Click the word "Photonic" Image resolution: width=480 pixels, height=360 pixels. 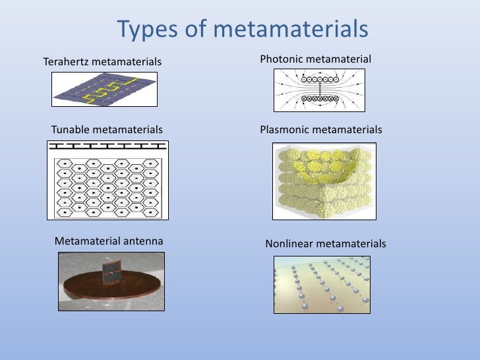click(282, 60)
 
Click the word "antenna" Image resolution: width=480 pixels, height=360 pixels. click(142, 241)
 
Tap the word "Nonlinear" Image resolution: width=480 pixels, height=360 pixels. click(289, 244)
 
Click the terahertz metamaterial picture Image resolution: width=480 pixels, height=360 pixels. click(104, 89)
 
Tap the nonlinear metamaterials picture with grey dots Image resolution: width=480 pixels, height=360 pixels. click(322, 284)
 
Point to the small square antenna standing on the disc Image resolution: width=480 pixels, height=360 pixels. click(111, 272)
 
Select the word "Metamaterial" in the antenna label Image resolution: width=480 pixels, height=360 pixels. click(88, 241)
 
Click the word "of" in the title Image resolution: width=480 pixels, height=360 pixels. click(197, 30)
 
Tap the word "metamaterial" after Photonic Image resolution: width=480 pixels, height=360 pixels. click(340, 60)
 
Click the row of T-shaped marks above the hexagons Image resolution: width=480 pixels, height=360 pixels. click(106, 146)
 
